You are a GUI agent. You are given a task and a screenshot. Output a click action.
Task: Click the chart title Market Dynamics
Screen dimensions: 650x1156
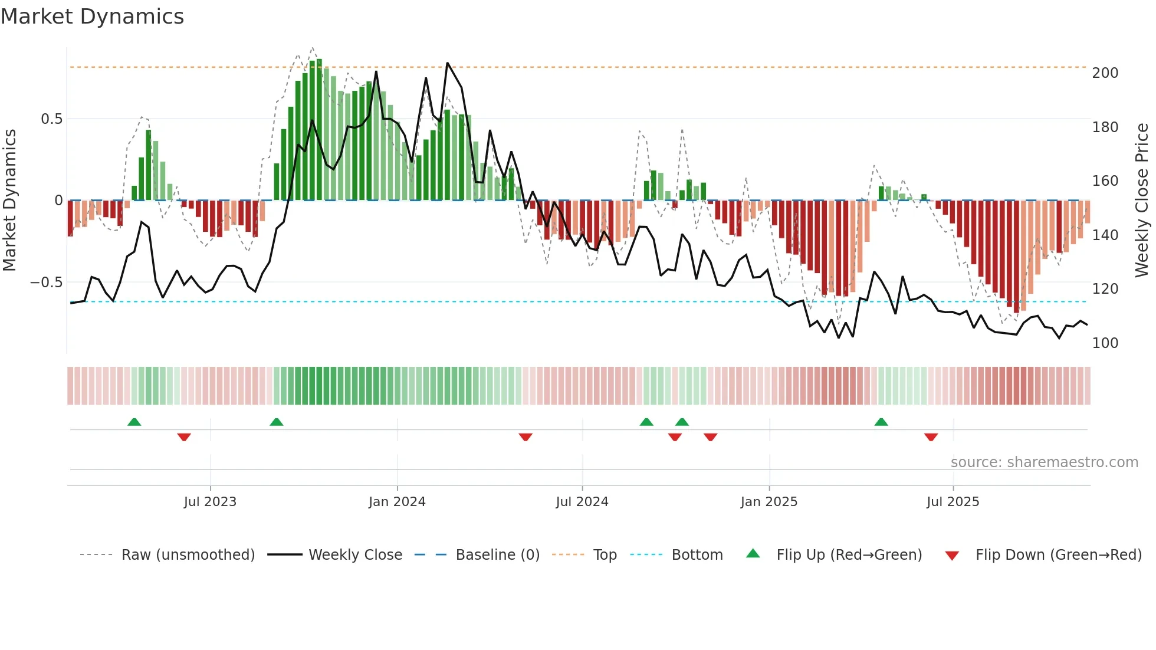pos(92,17)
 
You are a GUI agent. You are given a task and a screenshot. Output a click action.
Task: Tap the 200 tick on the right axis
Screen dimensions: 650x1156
pos(1105,73)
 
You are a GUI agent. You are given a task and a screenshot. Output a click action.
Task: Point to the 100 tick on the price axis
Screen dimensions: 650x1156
pos(1105,343)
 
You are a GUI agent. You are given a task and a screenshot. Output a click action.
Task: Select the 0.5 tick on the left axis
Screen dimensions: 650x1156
pos(51,119)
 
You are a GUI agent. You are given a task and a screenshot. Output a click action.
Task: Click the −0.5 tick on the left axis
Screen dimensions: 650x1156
pos(47,283)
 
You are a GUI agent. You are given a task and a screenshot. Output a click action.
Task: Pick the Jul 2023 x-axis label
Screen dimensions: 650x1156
pos(210,502)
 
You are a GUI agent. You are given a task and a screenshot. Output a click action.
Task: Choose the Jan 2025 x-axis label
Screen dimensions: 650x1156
pos(769,502)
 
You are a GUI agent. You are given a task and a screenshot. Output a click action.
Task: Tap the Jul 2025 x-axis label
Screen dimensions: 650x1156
pos(953,502)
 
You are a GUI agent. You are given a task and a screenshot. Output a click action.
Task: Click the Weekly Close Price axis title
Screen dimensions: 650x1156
pos(1142,201)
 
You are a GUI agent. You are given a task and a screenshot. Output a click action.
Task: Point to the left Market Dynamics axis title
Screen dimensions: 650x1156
pos(9,201)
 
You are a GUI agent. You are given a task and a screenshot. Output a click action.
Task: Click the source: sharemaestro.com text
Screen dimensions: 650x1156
pos(1044,462)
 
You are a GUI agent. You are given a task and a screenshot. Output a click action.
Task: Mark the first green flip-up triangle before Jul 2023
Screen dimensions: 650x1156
pos(134,422)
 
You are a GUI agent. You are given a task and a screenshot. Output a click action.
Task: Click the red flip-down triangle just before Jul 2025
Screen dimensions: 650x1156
pos(931,437)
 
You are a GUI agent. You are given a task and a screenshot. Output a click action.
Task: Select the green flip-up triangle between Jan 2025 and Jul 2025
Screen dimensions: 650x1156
pos(881,422)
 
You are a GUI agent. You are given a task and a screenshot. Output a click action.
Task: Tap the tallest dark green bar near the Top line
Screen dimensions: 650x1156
pos(319,130)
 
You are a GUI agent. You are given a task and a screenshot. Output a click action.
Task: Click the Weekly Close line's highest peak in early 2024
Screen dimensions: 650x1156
pos(447,63)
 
